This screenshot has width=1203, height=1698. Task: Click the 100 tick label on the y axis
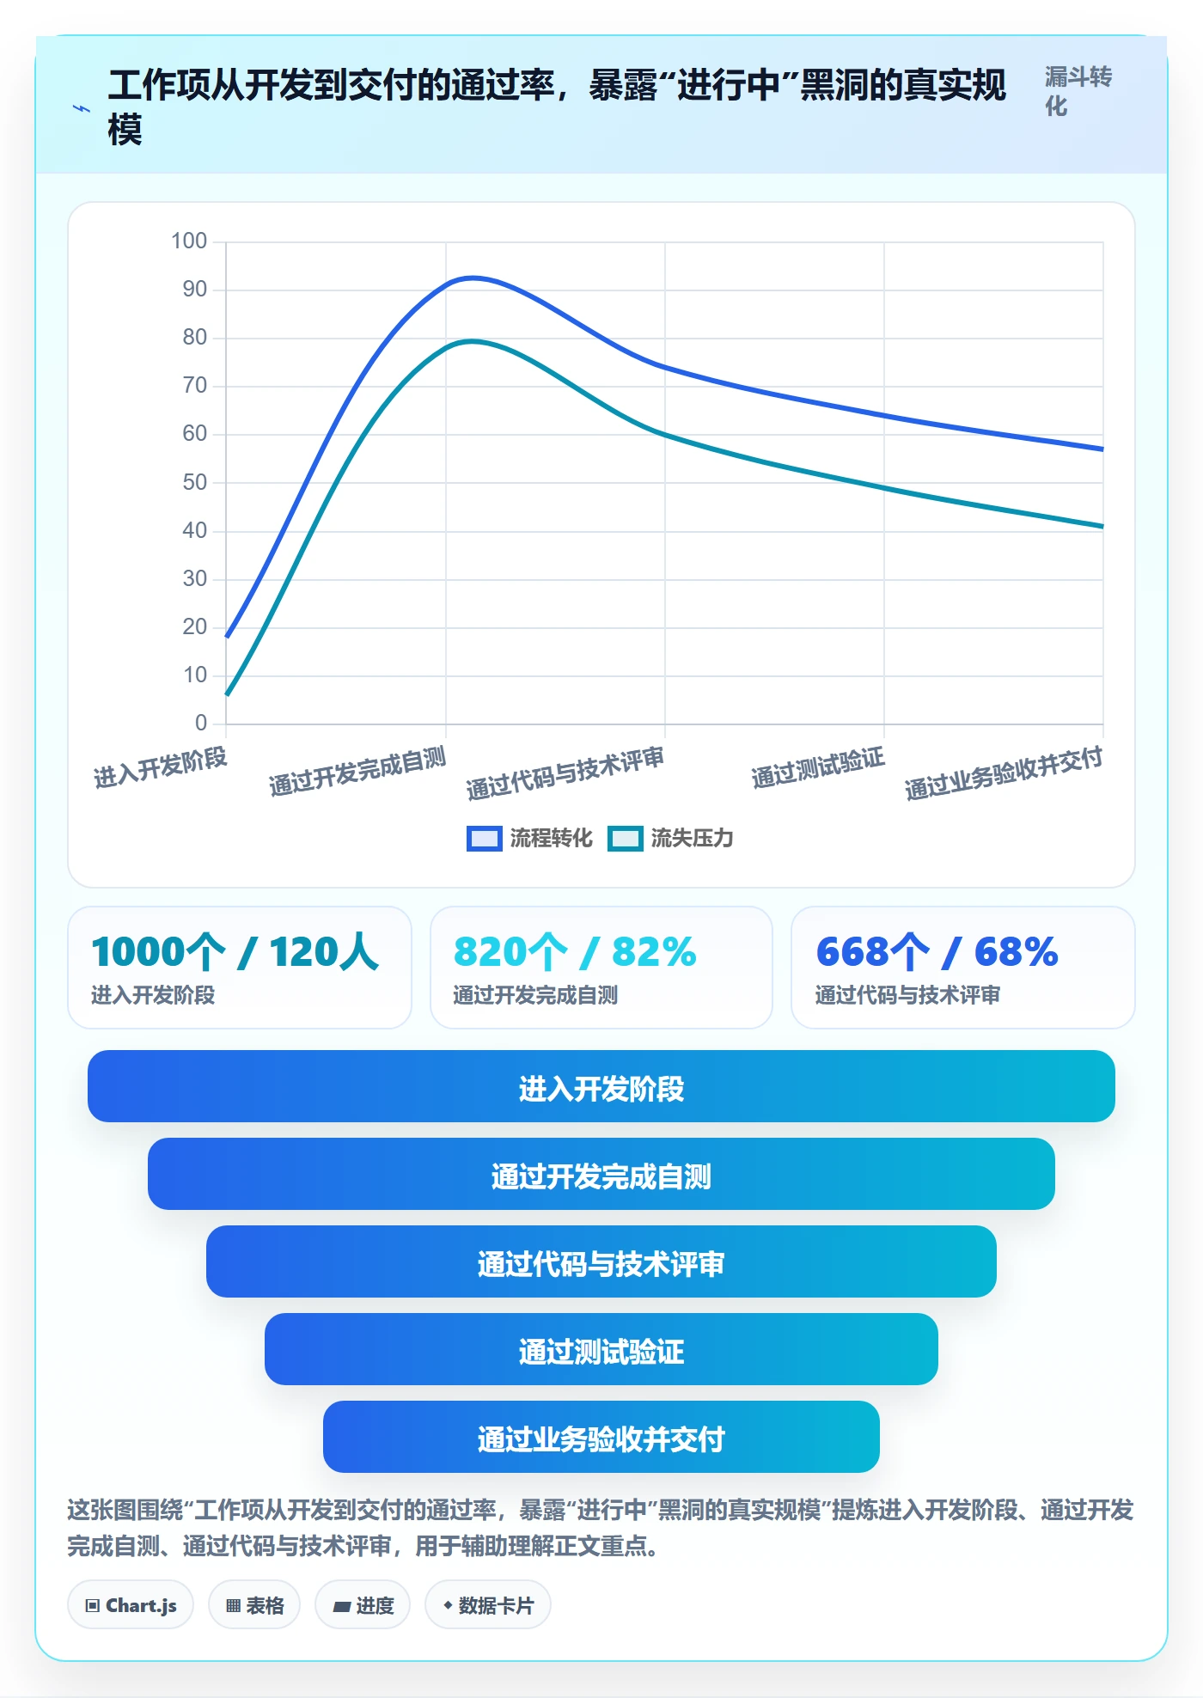pos(189,241)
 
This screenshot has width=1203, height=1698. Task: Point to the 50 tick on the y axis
pos(195,482)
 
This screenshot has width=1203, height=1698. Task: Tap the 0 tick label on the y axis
pos(201,723)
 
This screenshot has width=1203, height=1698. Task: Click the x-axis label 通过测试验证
pos(818,767)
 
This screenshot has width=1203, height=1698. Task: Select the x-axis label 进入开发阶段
pos(161,767)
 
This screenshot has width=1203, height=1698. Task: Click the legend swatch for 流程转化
pos(484,838)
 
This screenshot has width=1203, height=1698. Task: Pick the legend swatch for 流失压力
pos(625,838)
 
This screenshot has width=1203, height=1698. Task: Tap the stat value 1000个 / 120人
pos(235,952)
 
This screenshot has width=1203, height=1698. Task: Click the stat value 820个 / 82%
pos(575,952)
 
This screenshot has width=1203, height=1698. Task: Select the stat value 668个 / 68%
pos(937,952)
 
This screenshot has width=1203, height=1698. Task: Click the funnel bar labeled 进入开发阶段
pos(601,1086)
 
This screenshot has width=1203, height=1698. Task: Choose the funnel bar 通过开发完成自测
pos(601,1174)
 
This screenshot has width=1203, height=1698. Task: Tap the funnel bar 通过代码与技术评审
pos(601,1261)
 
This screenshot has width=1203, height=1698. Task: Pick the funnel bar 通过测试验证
pos(601,1349)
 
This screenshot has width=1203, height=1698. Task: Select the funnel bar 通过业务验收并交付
pos(601,1437)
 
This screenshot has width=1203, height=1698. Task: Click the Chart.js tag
pos(131,1604)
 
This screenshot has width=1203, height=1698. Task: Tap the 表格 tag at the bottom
pos(254,1604)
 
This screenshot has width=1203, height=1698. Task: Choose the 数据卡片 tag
pos(488,1604)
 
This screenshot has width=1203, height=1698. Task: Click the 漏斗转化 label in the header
pos(1078,91)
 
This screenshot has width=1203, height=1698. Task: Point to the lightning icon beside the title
pos(82,108)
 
